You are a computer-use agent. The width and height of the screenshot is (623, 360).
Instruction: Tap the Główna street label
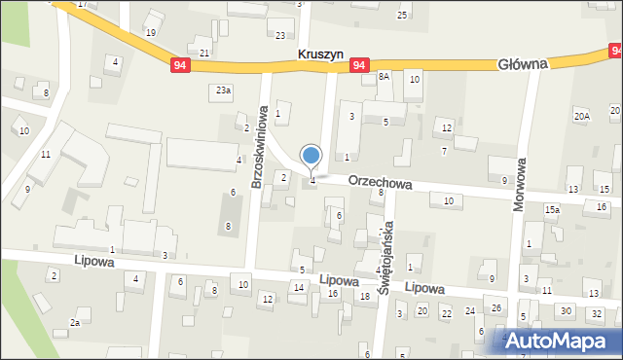pyautogui.click(x=523, y=62)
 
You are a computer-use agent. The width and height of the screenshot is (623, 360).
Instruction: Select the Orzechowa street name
pyautogui.click(x=381, y=182)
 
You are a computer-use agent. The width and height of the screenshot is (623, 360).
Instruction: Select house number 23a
pyautogui.click(x=224, y=90)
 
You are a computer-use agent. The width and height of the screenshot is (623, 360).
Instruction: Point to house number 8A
pyautogui.click(x=384, y=76)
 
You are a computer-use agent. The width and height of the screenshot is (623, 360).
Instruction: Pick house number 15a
pyautogui.click(x=552, y=209)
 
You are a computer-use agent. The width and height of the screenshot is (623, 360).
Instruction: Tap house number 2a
pyautogui.click(x=74, y=322)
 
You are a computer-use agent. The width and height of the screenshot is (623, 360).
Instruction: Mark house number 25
pyautogui.click(x=401, y=16)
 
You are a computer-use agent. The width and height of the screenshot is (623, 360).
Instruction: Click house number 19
pyautogui.click(x=150, y=32)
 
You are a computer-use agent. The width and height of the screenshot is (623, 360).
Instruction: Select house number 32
pyautogui.click(x=594, y=311)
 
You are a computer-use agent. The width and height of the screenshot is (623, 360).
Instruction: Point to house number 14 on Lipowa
pyautogui.click(x=298, y=288)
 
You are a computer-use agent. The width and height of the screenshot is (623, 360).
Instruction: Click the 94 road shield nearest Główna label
pyautogui.click(x=360, y=65)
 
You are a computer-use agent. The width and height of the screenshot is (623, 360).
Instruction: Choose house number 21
pyautogui.click(x=205, y=53)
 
